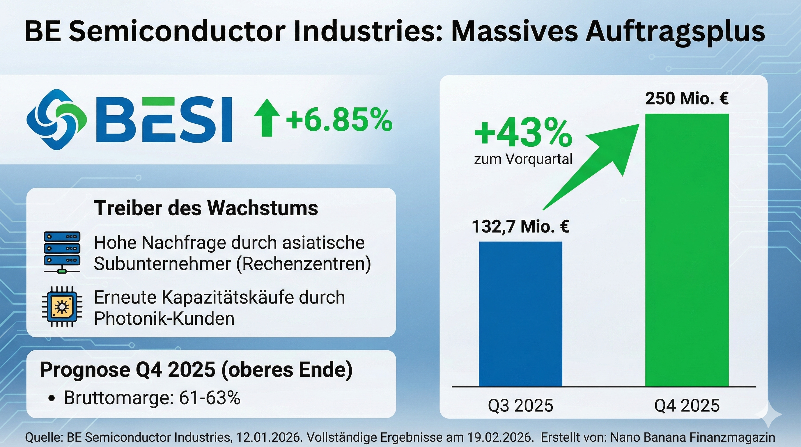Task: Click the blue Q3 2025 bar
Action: pyautogui.click(x=520, y=314)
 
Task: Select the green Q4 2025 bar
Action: pyautogui.click(x=687, y=250)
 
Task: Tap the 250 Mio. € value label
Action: pyautogui.click(x=687, y=99)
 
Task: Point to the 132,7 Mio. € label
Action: pyautogui.click(x=520, y=226)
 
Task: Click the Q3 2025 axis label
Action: pyautogui.click(x=520, y=406)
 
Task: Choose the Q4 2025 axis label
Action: pyautogui.click(x=687, y=406)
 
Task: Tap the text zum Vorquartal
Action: pyautogui.click(x=523, y=159)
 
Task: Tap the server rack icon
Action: pyautogui.click(x=62, y=252)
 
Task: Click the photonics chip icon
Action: pyautogui.click(x=62, y=307)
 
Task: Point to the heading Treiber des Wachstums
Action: pyautogui.click(x=206, y=208)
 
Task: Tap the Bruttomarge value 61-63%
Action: pyautogui.click(x=210, y=398)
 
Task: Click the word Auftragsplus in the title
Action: pyautogui.click(x=675, y=32)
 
